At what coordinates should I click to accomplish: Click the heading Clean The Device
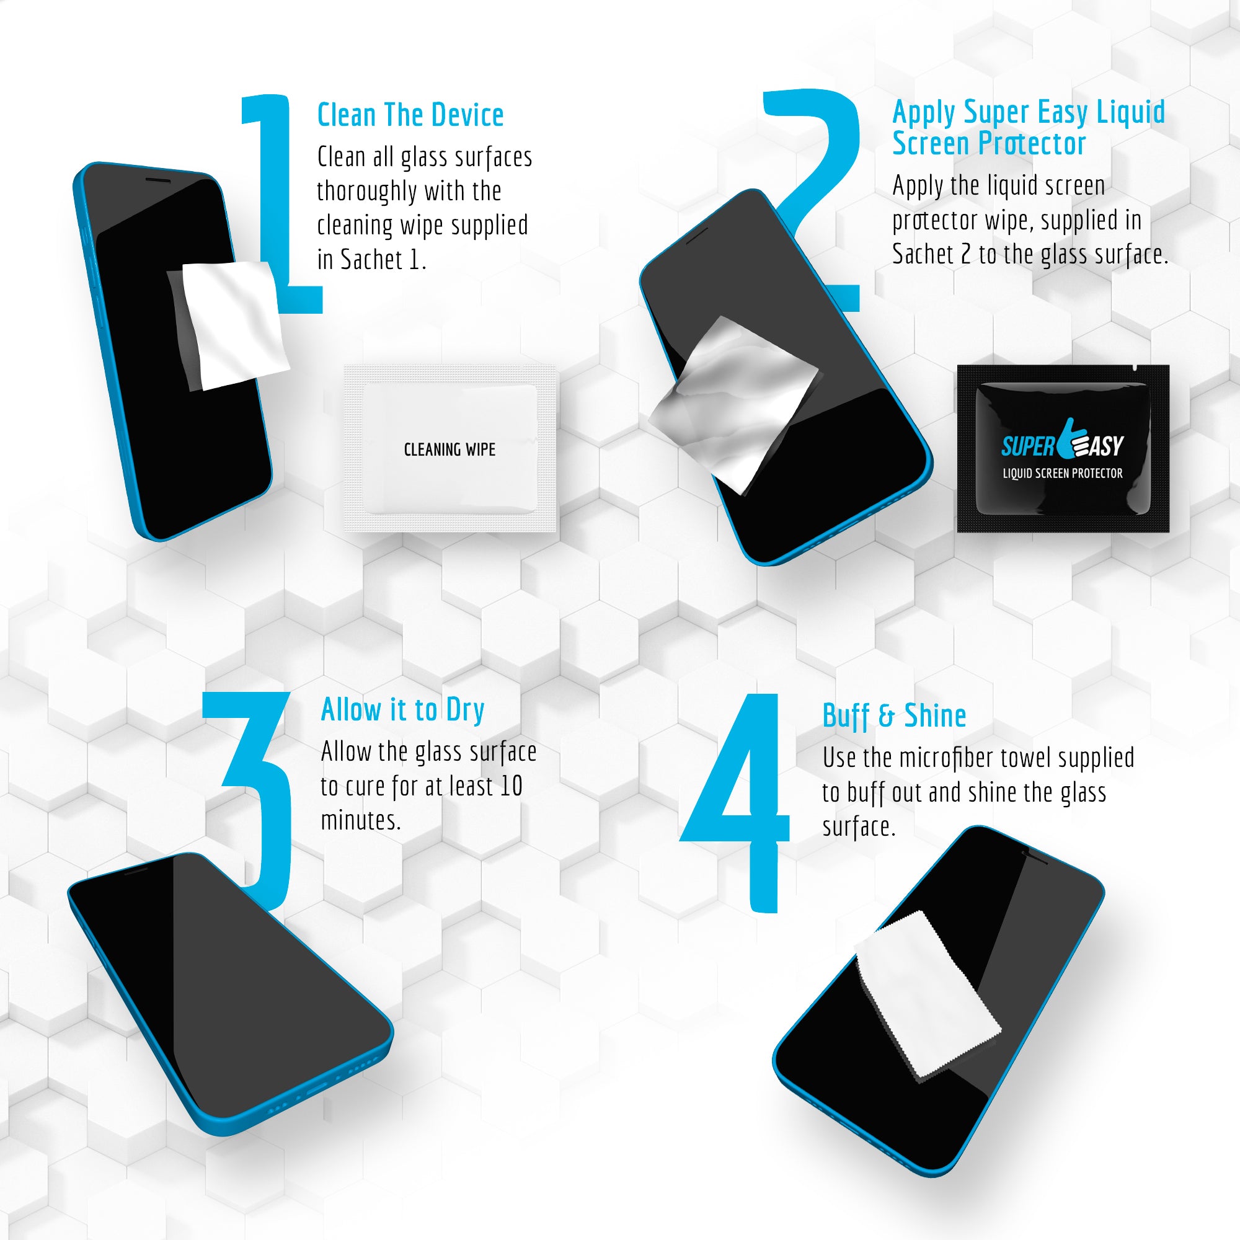click(x=410, y=115)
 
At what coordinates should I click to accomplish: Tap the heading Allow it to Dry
click(x=402, y=711)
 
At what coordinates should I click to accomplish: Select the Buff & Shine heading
click(x=894, y=716)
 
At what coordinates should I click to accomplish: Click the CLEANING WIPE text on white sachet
click(x=449, y=449)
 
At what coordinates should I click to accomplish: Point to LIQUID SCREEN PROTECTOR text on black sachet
click(x=1063, y=473)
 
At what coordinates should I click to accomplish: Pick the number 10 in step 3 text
click(x=511, y=786)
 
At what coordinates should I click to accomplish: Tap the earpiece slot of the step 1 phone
click(x=158, y=180)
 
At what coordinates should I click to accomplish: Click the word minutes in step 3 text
click(x=361, y=820)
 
